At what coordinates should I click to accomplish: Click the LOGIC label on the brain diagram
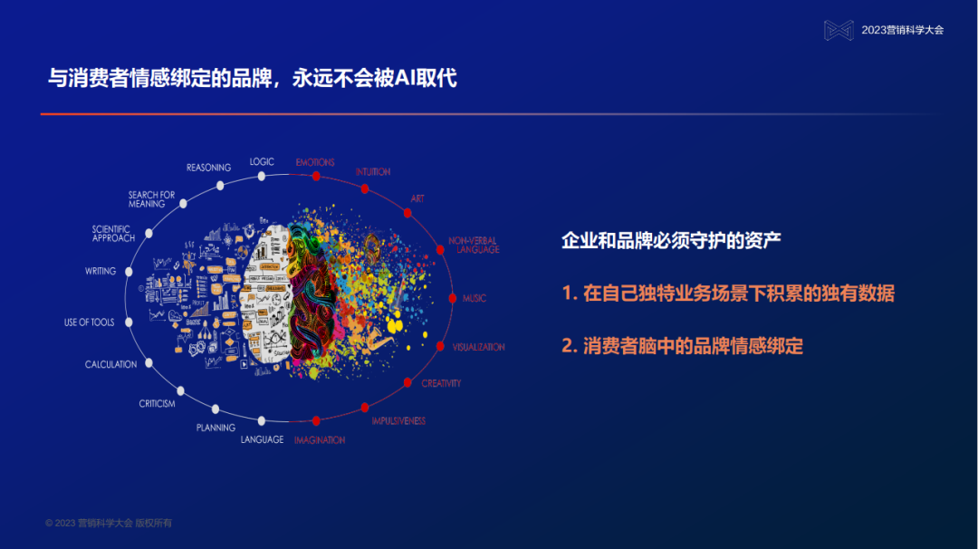262,161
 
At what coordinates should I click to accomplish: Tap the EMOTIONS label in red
315,162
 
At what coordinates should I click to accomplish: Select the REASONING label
208,168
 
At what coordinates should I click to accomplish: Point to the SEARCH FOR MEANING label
151,199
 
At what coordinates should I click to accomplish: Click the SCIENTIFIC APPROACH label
113,234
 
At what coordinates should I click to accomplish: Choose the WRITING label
101,271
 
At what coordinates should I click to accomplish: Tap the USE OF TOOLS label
89,323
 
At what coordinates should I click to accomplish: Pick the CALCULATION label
110,364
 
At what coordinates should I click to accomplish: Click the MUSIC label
475,298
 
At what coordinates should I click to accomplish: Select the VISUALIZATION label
478,347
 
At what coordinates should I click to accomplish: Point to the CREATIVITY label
441,383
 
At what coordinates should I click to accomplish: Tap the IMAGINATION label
319,439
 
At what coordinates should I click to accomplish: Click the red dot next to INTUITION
364,188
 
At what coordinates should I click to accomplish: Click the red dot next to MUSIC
452,298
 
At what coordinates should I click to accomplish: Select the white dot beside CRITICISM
181,391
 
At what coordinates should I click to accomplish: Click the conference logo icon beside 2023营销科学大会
839,30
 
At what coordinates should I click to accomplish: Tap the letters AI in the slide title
407,78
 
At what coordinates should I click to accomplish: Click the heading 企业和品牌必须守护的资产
671,240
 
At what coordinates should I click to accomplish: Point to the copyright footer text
109,523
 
